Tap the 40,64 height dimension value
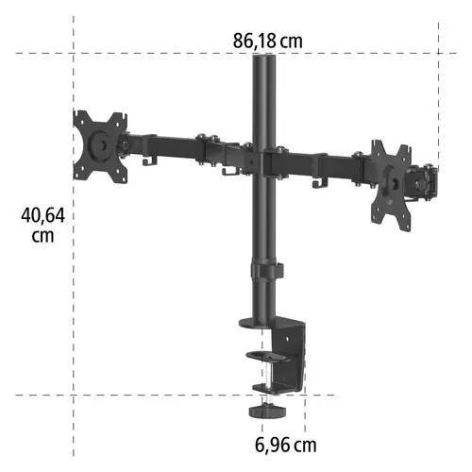(42, 215)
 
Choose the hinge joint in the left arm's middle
(210, 150)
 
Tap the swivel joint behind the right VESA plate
(424, 180)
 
